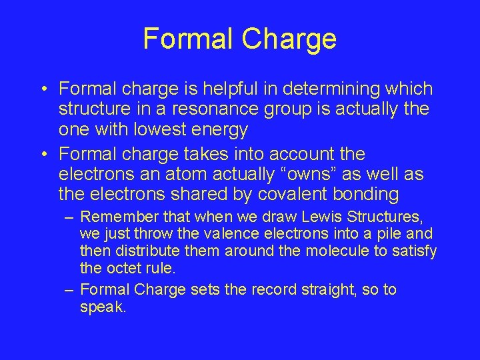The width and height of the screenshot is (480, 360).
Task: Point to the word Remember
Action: pos(113,217)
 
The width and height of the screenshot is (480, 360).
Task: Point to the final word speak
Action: pos(103,307)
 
